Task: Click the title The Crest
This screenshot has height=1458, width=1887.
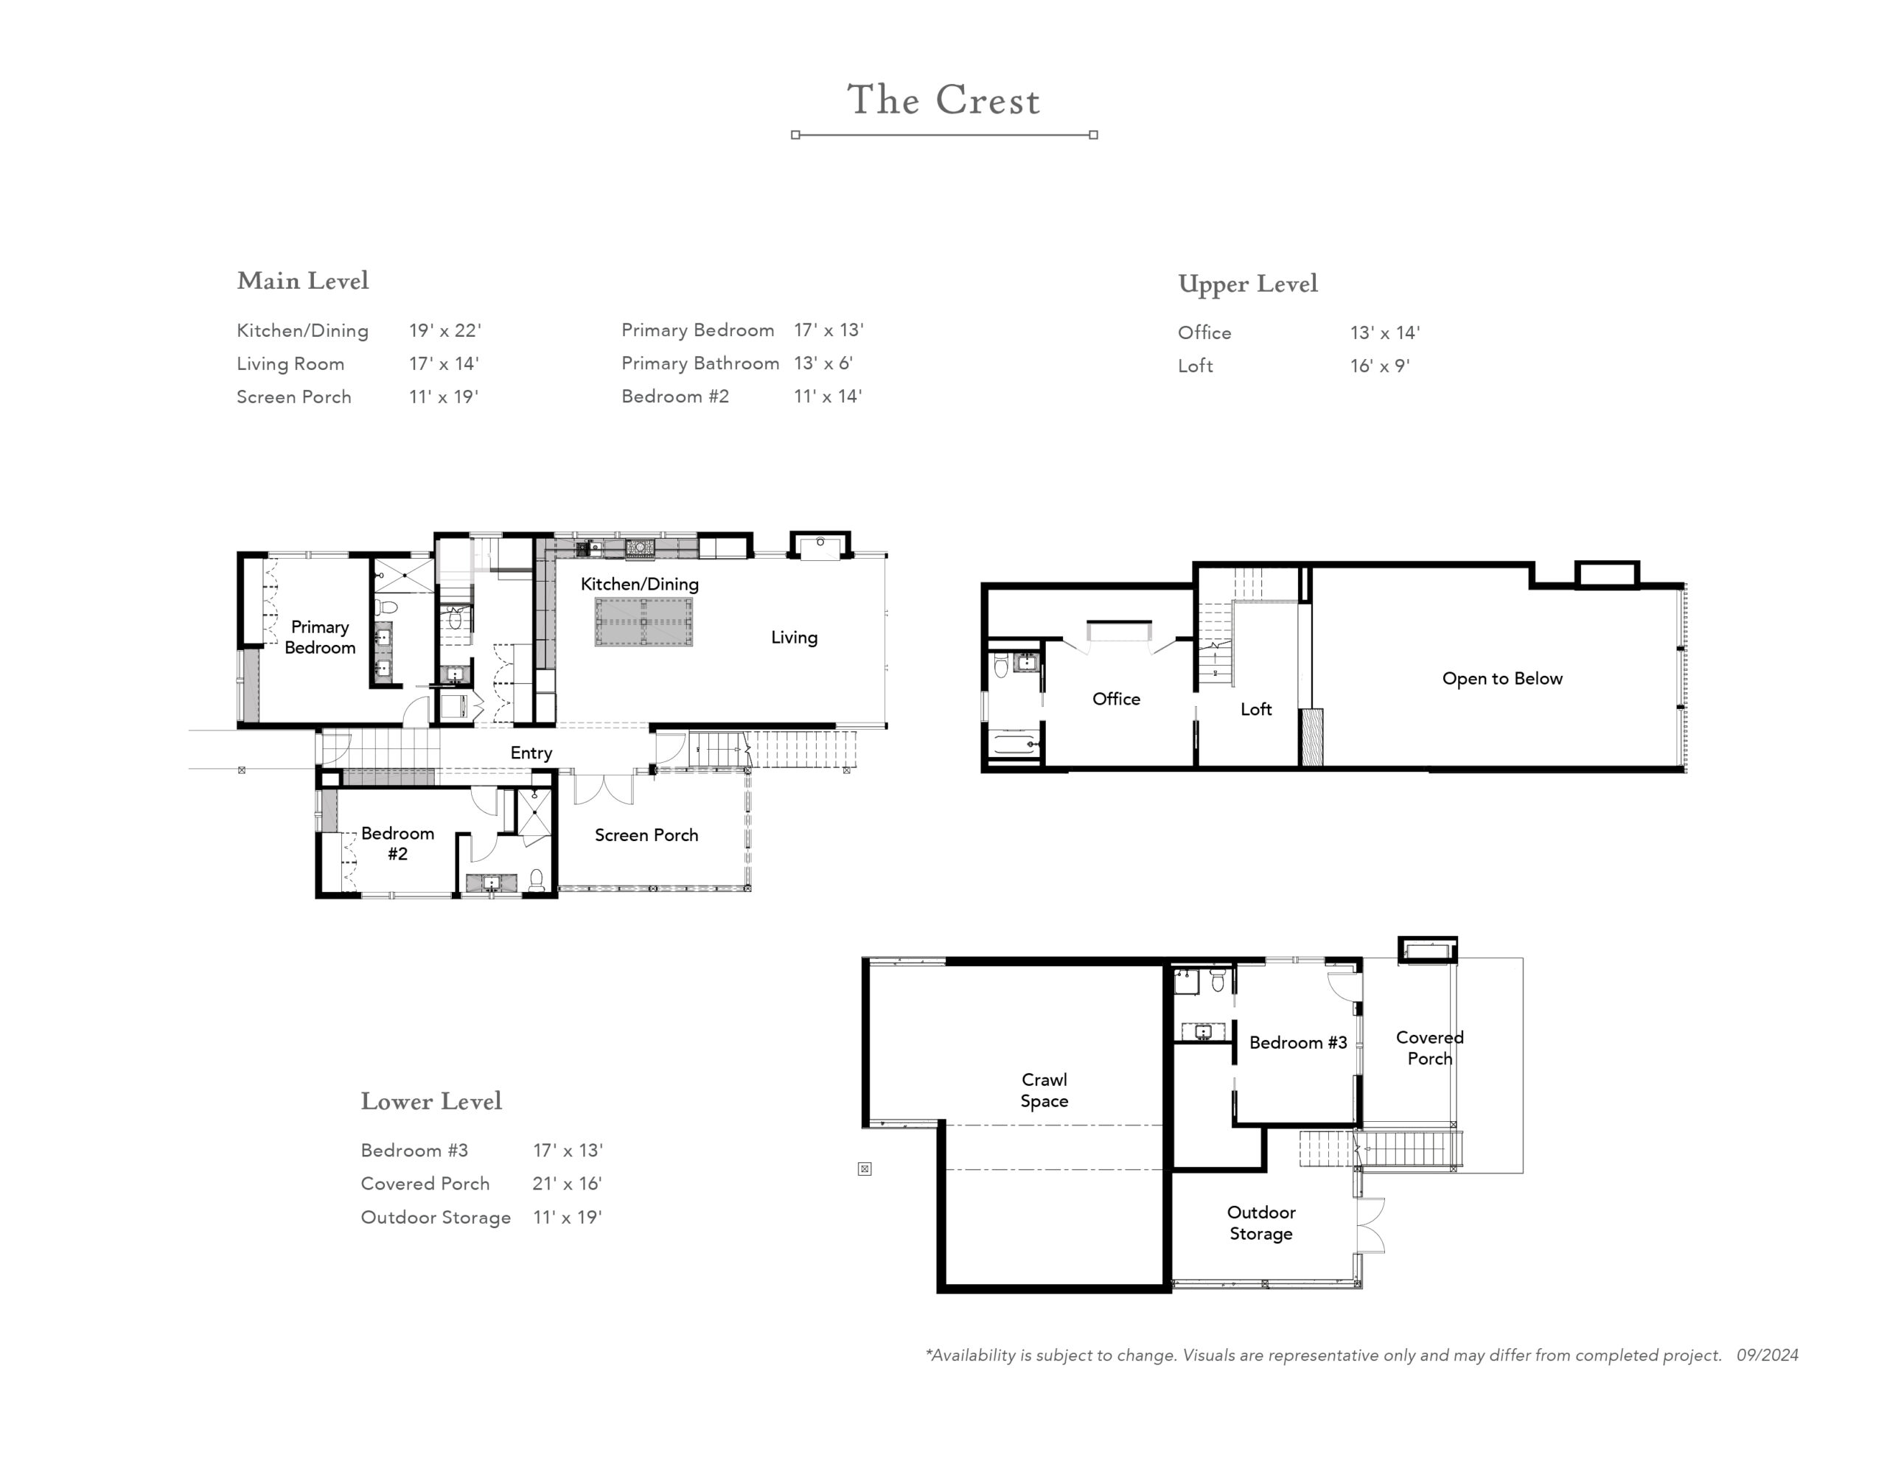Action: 943,100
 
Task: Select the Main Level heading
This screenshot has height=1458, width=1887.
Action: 302,280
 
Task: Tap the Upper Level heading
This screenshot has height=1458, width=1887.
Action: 1248,285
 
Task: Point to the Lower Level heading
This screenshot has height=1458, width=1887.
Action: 431,1101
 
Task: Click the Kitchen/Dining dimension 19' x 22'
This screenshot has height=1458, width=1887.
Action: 445,330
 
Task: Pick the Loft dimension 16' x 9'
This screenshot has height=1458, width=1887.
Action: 1380,366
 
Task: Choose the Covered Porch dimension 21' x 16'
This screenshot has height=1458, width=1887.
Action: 567,1183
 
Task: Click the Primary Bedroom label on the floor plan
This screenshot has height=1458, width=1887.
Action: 320,637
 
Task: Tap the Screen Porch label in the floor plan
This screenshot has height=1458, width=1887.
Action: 646,835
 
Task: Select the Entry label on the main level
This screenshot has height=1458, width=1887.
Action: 531,753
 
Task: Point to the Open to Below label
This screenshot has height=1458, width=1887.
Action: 1501,678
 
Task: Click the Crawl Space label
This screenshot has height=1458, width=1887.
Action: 1044,1090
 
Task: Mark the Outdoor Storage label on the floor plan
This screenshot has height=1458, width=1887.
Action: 1260,1223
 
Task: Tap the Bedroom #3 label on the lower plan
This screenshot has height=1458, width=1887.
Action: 1298,1042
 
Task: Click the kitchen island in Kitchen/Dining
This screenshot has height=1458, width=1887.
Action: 643,621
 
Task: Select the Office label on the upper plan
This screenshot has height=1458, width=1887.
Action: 1115,698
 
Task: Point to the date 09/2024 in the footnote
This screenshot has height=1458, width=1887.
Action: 1767,1355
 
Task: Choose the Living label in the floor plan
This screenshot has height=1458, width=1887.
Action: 794,638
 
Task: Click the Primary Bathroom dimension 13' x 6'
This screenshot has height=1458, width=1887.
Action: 823,363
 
